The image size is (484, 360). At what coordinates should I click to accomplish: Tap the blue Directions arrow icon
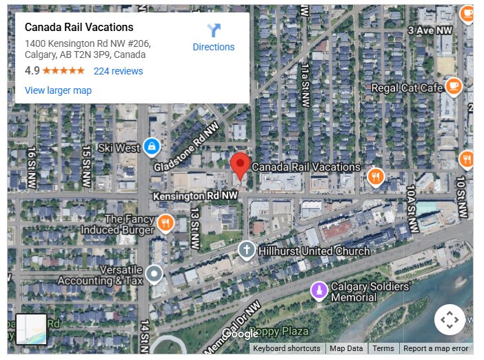coord(214,30)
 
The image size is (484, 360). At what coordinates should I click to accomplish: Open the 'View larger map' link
coord(58,90)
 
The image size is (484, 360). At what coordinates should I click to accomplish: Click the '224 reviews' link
coord(118,71)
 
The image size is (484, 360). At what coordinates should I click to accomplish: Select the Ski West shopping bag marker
coord(152,147)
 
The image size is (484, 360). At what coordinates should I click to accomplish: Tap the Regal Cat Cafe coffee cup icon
coord(453,86)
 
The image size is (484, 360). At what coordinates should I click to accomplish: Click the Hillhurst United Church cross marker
coord(246,250)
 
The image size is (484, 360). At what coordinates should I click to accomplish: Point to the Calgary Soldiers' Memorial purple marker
coord(319,290)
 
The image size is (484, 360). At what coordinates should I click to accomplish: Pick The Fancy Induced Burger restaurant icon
coord(165,223)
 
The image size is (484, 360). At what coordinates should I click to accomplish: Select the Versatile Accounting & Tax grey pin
coord(154,274)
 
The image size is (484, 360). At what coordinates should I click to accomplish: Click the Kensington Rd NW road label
coord(195,197)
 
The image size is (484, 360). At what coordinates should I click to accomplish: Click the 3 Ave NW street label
coord(430,30)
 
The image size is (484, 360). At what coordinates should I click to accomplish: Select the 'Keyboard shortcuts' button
coord(287,348)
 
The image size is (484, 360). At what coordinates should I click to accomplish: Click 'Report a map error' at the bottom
coord(436,348)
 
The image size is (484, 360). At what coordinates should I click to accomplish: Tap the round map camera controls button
coord(450,319)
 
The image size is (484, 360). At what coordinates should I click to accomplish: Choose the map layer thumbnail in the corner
coord(32,329)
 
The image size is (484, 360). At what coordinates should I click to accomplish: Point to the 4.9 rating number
coord(32,71)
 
